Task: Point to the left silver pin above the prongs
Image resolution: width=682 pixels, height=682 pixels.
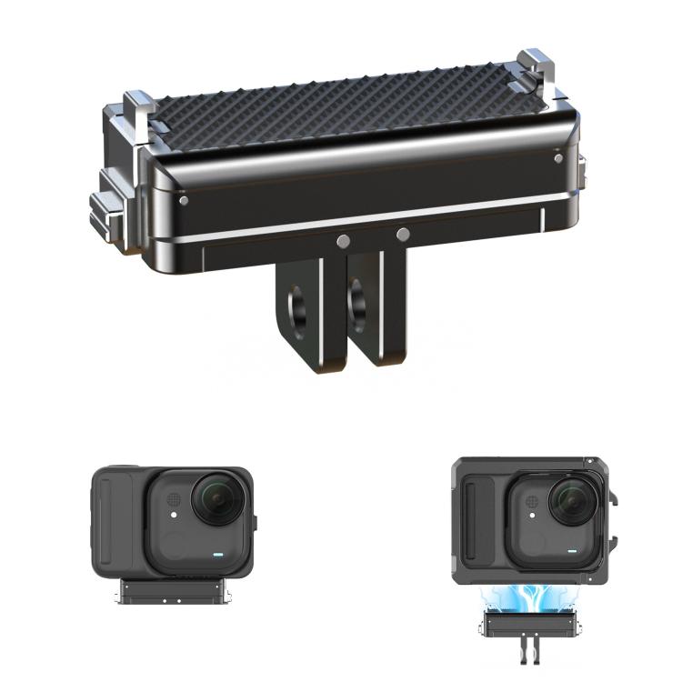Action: [343, 241]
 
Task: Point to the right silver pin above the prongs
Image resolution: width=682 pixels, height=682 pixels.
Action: [403, 235]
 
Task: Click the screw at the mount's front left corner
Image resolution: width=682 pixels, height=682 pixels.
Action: [185, 201]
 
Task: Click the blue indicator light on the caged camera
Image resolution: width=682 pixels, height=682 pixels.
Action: [573, 550]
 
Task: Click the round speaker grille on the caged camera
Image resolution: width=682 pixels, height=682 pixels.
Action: [531, 500]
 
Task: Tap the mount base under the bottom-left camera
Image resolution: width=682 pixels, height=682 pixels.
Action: [174, 592]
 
